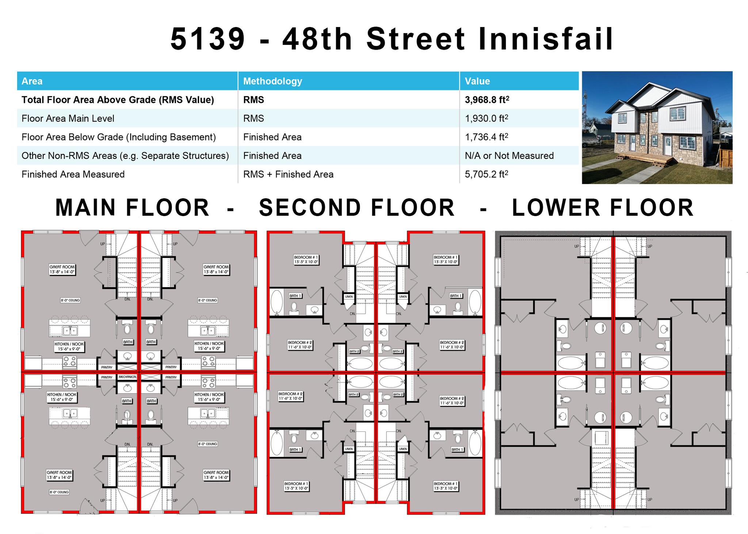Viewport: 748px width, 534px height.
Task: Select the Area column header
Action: click(x=32, y=81)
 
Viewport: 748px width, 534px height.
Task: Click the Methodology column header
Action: click(x=272, y=81)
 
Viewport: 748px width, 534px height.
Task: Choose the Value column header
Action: click(x=477, y=81)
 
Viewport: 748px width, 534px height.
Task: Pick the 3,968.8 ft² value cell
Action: click(x=487, y=100)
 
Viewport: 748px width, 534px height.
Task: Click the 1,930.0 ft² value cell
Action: click(x=486, y=118)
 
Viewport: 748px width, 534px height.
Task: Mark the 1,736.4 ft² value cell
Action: click(x=486, y=137)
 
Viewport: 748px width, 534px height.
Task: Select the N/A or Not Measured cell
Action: click(x=509, y=155)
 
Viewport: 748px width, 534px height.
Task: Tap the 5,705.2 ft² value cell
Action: click(x=486, y=174)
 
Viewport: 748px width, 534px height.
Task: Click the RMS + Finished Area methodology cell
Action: click(x=288, y=174)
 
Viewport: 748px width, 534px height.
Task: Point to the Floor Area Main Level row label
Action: click(x=68, y=118)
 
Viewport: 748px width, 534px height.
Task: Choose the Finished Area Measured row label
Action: click(x=73, y=174)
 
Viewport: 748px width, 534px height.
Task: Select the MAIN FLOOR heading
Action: click(x=132, y=208)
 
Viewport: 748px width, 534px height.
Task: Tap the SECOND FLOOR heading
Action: click(x=356, y=208)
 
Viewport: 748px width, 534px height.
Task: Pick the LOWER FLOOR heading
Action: click(x=602, y=208)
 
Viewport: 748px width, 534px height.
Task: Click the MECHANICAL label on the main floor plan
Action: click(x=127, y=377)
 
